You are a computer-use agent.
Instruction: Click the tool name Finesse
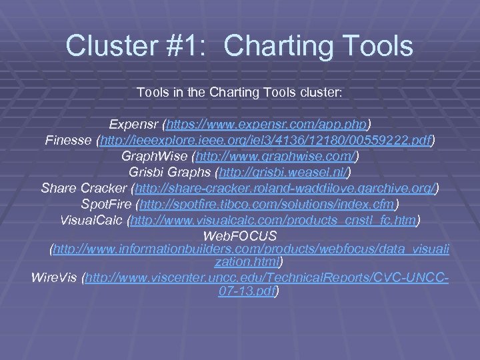[x=69, y=140]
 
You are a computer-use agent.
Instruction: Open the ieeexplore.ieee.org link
[x=266, y=140]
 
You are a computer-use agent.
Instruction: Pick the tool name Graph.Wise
[x=155, y=156]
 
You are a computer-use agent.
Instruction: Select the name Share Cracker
[x=84, y=188]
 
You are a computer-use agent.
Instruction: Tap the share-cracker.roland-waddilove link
[x=285, y=188]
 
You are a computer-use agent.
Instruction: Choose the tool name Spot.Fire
[x=104, y=204]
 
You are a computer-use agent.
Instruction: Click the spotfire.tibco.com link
[x=265, y=204]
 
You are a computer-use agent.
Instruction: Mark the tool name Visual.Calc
[x=91, y=220]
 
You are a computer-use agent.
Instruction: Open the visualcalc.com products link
[x=273, y=220]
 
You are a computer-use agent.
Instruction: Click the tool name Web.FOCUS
[x=240, y=236]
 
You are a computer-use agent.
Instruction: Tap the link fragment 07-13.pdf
[x=247, y=291]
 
